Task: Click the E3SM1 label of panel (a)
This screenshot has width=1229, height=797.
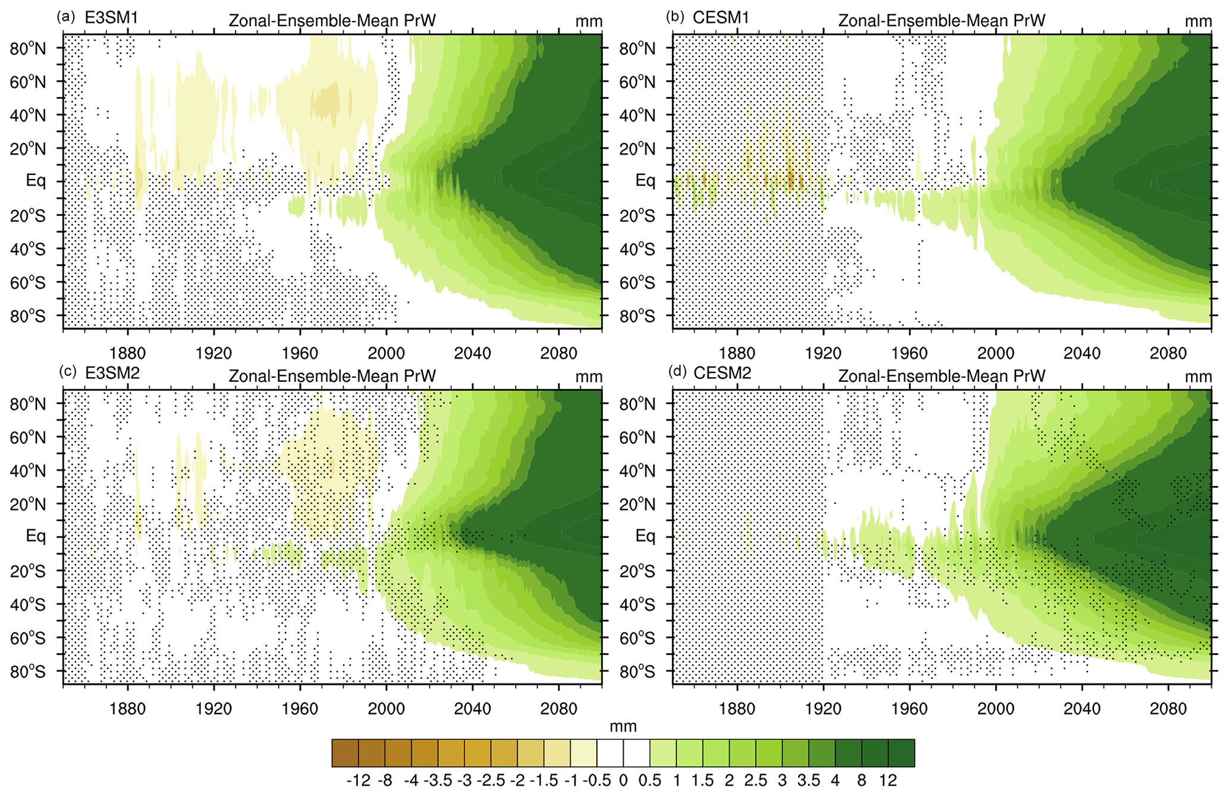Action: tap(111, 18)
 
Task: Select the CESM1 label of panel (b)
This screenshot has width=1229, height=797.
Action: tap(721, 18)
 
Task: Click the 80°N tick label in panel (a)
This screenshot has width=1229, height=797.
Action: tap(27, 49)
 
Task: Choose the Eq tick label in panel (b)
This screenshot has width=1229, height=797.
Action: tap(645, 180)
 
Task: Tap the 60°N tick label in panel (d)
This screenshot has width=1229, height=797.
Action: tap(637, 438)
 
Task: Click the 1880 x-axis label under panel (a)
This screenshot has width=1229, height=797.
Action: tap(127, 353)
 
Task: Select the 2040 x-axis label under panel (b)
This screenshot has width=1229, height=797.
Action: tap(1082, 353)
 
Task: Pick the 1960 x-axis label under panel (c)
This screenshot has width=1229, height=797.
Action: tap(300, 709)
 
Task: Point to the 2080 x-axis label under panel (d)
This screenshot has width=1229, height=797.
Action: tap(1168, 709)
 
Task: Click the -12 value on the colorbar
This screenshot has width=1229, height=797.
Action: tap(359, 780)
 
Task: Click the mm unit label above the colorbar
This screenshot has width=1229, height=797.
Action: tap(623, 726)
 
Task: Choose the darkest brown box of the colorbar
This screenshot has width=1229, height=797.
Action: tap(345, 753)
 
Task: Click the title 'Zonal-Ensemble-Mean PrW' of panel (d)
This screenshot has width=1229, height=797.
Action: tap(941, 376)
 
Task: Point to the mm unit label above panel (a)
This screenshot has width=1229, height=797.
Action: tap(589, 21)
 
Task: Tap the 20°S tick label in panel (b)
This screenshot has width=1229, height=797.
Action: tap(637, 216)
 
